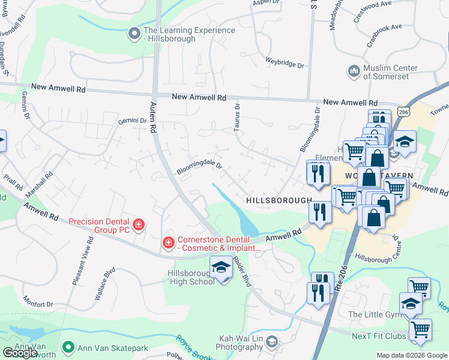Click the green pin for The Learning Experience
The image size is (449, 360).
click(134, 34)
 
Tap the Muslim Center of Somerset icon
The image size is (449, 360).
click(354, 72)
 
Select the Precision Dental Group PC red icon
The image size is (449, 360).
click(139, 225)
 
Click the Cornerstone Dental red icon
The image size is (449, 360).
click(169, 243)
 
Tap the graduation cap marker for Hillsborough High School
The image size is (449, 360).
click(221, 268)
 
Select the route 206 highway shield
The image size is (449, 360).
click(405, 112)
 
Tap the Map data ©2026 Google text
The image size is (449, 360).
click(412, 355)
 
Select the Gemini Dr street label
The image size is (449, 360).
click(132, 121)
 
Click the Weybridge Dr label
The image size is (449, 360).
click(285, 61)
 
